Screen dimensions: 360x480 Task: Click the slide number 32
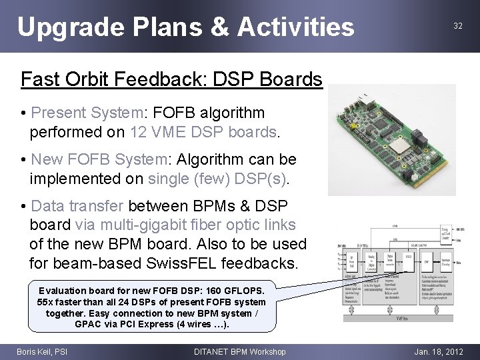pyautogui.click(x=457, y=25)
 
